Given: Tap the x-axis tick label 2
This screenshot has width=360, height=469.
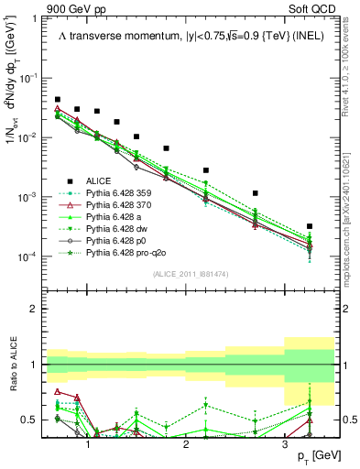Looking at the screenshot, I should click(x=186, y=443).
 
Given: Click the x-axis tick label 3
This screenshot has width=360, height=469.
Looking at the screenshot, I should click(x=284, y=443).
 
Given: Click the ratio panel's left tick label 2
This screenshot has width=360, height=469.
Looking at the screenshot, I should click(x=36, y=309).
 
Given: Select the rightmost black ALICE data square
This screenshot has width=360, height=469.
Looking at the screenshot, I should click(x=310, y=226).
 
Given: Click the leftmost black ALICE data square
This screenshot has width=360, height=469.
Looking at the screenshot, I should click(x=58, y=100).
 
